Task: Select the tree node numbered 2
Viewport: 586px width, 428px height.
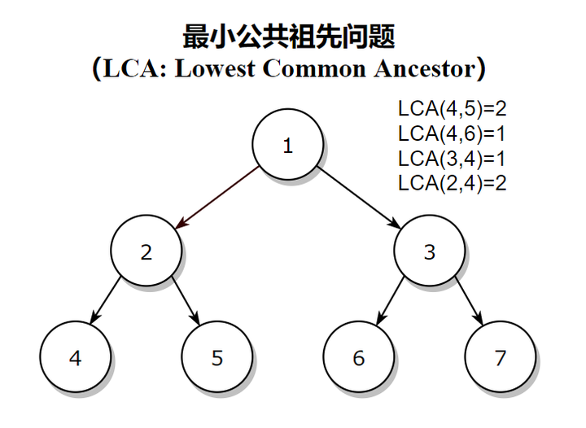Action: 146,251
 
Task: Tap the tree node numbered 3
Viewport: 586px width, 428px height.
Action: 429,251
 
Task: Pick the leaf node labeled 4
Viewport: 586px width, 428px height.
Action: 75,358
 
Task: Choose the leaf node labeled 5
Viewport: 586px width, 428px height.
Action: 216,358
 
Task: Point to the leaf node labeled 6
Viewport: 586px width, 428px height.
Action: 358,358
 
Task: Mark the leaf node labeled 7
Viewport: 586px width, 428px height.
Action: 500,358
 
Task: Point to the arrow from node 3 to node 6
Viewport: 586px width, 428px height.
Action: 390,300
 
